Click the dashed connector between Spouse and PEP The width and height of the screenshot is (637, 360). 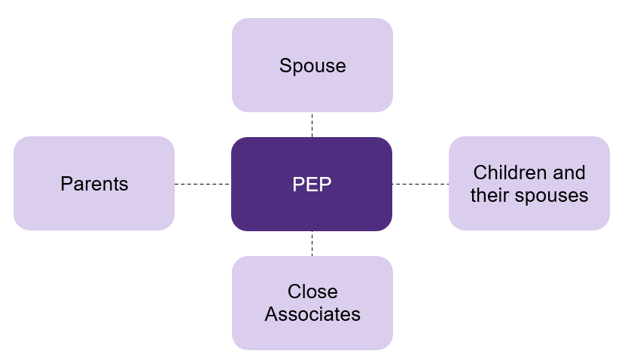point(312,124)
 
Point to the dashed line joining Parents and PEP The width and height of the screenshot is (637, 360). point(202,184)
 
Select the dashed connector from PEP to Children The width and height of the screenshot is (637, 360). point(420,184)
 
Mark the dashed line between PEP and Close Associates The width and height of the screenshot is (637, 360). point(312,243)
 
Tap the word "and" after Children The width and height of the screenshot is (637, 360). point(568,173)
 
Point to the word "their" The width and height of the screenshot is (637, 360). point(489,196)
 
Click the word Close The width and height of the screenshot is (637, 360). point(312,292)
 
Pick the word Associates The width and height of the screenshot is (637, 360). point(312,314)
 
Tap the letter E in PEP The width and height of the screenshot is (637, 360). point(312,185)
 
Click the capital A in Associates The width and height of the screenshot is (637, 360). point(270,314)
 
